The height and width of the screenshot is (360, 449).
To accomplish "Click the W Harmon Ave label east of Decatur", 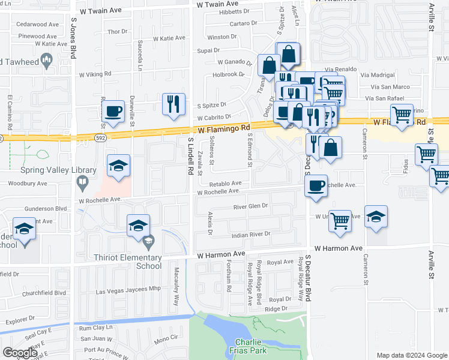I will click(x=338, y=248).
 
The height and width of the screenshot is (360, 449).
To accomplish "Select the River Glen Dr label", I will click(x=250, y=206).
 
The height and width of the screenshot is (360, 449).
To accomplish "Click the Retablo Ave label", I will click(x=225, y=183).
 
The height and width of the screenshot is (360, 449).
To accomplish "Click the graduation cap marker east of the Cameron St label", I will click(x=376, y=217).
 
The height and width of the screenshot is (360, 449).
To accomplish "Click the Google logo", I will click(x=20, y=353).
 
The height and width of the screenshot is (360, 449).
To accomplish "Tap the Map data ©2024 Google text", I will click(x=411, y=355).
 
